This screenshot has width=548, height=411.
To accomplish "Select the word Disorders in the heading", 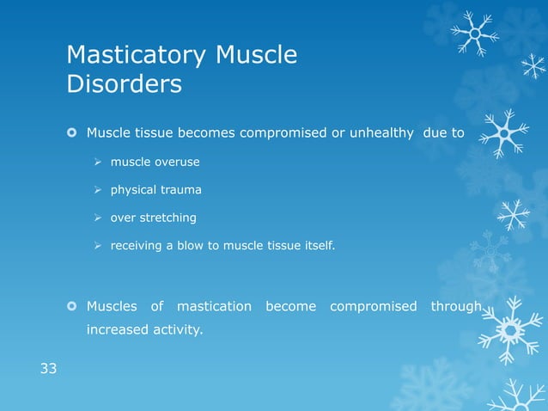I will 124,84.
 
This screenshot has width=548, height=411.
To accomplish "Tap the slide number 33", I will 48,369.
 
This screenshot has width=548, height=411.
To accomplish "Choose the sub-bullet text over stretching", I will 153,218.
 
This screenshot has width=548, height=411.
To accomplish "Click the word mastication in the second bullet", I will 214,306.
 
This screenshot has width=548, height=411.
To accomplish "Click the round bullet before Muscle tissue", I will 72,133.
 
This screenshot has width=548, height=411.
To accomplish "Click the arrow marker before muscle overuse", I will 99,162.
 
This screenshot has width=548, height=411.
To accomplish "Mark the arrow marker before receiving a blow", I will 99,246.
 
